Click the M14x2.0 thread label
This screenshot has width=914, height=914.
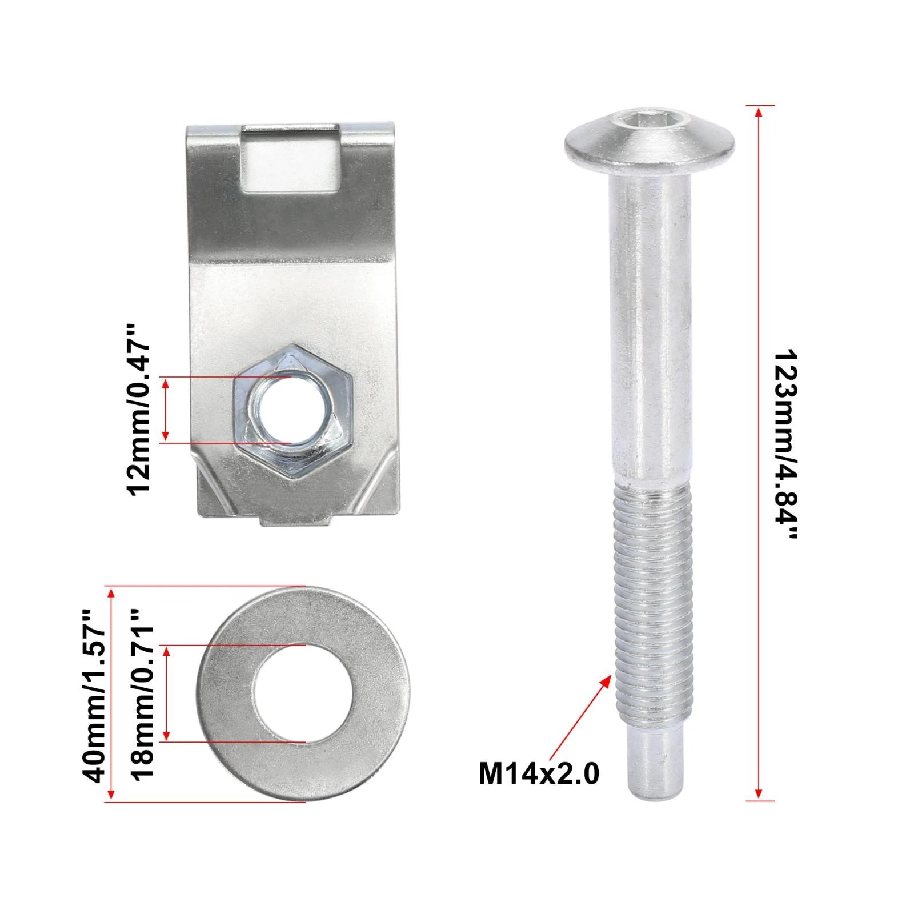(539, 775)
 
